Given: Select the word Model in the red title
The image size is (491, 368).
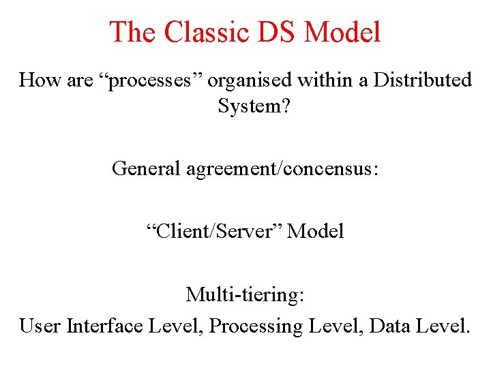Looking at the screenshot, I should [343, 32].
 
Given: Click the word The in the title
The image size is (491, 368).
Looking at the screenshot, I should [132, 32].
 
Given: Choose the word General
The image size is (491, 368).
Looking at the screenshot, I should [146, 168].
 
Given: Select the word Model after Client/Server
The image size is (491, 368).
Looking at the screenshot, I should [316, 231].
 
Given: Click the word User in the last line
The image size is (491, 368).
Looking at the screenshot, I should [40, 326].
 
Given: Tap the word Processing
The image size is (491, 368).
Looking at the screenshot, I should [255, 326].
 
